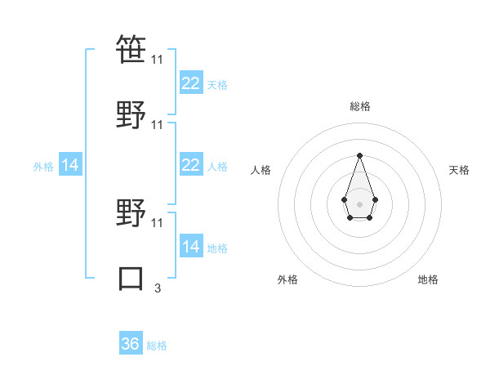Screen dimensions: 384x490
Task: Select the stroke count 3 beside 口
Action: click(x=158, y=287)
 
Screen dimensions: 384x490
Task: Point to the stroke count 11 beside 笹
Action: click(x=158, y=59)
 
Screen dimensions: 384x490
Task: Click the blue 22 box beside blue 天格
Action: click(x=190, y=83)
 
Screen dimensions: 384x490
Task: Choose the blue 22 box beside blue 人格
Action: click(x=190, y=165)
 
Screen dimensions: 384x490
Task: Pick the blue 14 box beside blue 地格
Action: click(x=190, y=247)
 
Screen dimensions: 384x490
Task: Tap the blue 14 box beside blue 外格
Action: click(x=70, y=165)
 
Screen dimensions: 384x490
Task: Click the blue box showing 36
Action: click(x=131, y=344)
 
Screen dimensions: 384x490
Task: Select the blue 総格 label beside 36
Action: click(x=158, y=346)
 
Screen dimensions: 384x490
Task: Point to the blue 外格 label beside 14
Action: click(x=43, y=166)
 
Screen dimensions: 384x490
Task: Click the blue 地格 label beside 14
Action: click(x=217, y=248)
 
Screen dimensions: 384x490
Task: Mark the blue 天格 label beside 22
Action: click(x=217, y=84)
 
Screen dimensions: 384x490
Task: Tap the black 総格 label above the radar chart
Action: click(x=359, y=106)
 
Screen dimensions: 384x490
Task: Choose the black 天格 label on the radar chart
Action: click(x=459, y=170)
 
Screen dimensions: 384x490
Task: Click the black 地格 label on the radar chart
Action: click(x=428, y=279)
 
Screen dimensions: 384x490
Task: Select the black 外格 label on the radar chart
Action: click(x=287, y=279)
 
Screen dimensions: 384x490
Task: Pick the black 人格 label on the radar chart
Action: click(x=261, y=170)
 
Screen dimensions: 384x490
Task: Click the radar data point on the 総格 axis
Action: click(x=359, y=155)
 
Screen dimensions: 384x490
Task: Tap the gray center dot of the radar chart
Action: click(x=359, y=203)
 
